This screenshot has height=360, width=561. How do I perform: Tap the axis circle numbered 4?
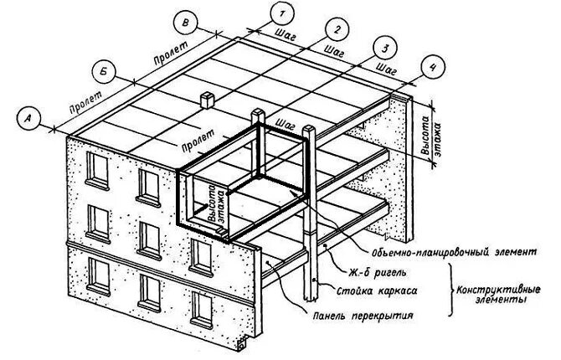point(431,68)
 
